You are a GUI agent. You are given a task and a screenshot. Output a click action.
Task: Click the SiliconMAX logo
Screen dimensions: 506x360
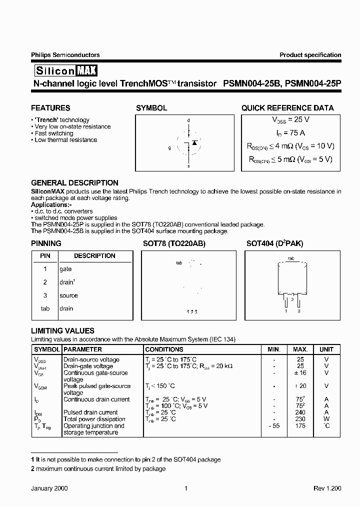pyautogui.click(x=65, y=70)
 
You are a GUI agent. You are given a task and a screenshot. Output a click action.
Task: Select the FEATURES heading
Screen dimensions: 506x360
pyautogui.click(x=50, y=108)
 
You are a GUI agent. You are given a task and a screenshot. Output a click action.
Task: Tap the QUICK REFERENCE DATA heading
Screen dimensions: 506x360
pyautogui.click(x=287, y=108)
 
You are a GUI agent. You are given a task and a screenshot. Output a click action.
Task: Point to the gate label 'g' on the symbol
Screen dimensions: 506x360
pyautogui.click(x=169, y=148)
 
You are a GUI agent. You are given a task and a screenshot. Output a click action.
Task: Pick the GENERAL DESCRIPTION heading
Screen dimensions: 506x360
pyautogui.click(x=74, y=183)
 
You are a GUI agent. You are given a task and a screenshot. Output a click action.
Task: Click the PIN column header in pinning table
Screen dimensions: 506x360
pyautogui.click(x=45, y=256)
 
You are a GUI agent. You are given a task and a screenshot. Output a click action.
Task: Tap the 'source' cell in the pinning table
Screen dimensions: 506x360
pyautogui.click(x=68, y=295)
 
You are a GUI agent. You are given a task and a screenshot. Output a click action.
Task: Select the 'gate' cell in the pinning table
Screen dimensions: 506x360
pyautogui.click(x=65, y=269)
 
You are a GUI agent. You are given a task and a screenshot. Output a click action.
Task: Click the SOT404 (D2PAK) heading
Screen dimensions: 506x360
pyautogui.click(x=274, y=243)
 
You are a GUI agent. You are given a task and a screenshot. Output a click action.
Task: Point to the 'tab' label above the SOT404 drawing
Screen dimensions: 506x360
pyautogui.click(x=291, y=258)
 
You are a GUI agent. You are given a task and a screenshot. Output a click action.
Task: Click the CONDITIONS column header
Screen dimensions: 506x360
pyautogui.click(x=164, y=349)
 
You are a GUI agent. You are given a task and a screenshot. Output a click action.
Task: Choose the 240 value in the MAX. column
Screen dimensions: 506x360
pyautogui.click(x=300, y=412)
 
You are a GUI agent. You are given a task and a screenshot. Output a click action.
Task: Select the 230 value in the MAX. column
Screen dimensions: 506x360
pyautogui.click(x=300, y=419)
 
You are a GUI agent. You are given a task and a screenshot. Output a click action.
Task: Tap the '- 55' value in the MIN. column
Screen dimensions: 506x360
pyautogui.click(x=274, y=426)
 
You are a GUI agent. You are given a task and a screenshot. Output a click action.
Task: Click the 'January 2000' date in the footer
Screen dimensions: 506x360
pyautogui.click(x=49, y=488)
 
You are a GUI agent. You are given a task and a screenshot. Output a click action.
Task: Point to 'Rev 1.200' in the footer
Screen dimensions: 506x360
pyautogui.click(x=327, y=488)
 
